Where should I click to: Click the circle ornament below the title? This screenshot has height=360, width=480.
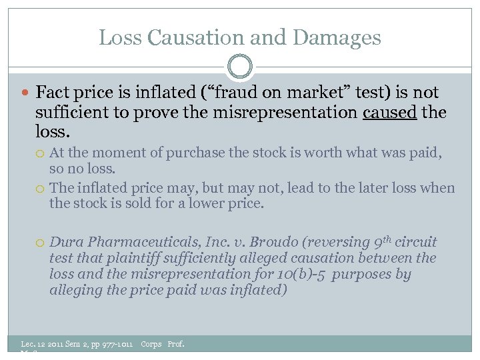[240, 67]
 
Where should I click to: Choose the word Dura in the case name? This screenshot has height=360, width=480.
[65, 242]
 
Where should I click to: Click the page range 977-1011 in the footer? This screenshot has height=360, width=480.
[110, 344]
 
